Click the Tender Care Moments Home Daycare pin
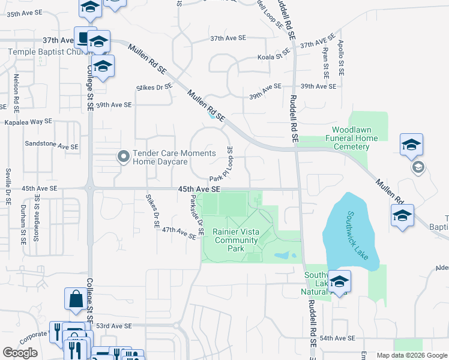pos(124,157)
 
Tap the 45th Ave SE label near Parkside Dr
pos(200,188)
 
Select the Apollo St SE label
pos(340,58)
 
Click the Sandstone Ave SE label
pos(51,145)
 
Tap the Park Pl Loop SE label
pos(221,168)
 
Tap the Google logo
pos(20,353)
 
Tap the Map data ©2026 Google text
pos(412,355)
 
